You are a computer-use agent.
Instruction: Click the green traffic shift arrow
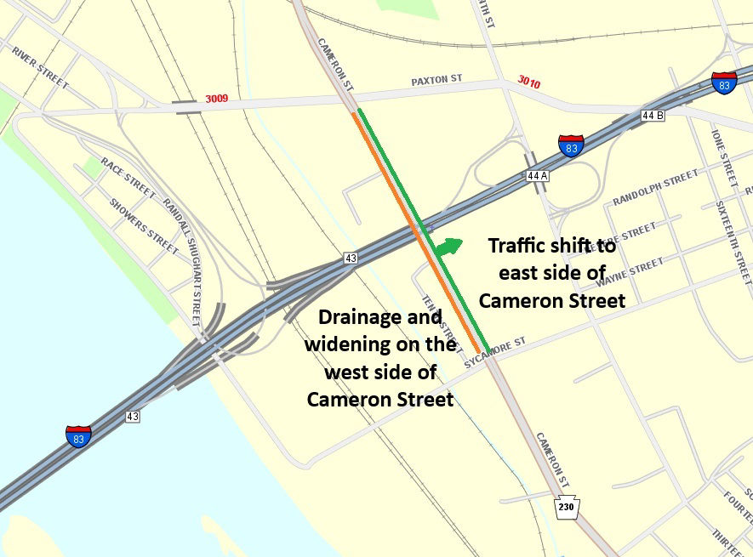[449, 247]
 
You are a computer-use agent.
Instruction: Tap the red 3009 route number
[215, 99]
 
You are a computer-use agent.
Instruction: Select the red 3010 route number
[528, 81]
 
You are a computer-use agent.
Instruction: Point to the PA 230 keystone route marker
[567, 506]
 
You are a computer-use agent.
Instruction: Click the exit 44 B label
[651, 115]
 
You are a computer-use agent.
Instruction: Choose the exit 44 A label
[536, 175]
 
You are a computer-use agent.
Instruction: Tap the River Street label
[40, 66]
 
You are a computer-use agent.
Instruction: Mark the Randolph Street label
[655, 189]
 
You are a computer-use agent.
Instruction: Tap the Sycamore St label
[495, 352]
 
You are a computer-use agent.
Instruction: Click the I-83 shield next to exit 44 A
[571, 146]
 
